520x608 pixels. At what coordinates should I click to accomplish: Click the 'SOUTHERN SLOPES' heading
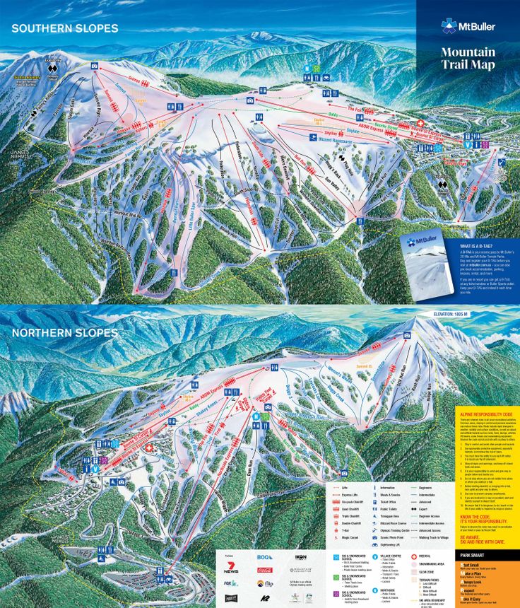(64, 28)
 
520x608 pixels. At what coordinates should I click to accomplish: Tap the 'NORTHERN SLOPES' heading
(64, 332)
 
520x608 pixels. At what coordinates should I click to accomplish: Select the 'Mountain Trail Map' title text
(467, 57)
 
